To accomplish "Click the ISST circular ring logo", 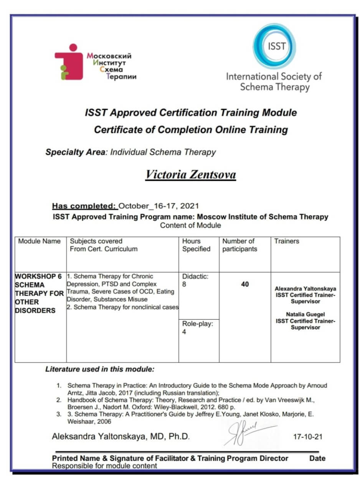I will click(274, 46).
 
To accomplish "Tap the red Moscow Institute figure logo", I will click(69, 62).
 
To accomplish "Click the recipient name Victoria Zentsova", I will click(190, 175).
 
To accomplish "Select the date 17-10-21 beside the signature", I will click(308, 437).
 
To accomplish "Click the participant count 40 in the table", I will click(245, 284).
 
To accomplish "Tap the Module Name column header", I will click(40, 241).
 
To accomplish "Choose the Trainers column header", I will click(287, 241).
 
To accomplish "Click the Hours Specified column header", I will click(196, 245).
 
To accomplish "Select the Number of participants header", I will click(238, 245).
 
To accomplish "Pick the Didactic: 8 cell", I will click(195, 281).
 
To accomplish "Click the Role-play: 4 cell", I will click(198, 328).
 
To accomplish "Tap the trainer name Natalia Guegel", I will click(305, 314).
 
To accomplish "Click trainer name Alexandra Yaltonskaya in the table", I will click(305, 288).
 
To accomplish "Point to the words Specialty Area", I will click(75, 152).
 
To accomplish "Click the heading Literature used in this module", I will click(100, 370).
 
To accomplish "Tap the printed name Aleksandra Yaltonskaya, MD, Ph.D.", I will click(121, 437).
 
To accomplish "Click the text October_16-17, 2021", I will click(159, 205).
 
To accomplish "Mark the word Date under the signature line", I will click(317, 458).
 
